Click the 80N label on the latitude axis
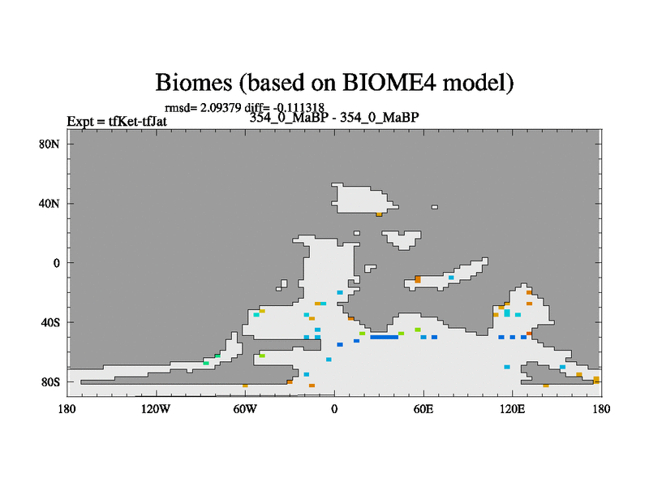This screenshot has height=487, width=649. (49, 144)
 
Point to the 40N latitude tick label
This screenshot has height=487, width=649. (49, 204)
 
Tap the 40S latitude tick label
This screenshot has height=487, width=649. (49, 322)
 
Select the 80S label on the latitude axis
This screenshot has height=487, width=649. (49, 381)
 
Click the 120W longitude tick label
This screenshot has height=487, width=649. (156, 409)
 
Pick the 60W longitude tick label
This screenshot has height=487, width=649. (245, 409)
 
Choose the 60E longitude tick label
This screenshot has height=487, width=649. (423, 409)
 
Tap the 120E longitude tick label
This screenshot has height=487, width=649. (512, 409)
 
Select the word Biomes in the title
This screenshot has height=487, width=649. (194, 82)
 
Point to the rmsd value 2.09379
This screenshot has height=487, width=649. (221, 108)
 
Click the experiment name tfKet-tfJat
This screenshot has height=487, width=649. (137, 121)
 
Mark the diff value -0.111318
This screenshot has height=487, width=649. (299, 108)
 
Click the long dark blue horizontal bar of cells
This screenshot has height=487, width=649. (384, 337)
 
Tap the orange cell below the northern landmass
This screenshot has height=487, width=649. (379, 214)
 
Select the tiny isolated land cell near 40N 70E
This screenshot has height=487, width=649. (434, 207)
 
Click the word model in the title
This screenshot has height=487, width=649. (478, 82)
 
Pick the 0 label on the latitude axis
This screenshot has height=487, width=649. (56, 263)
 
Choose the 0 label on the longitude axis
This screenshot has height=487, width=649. (334, 409)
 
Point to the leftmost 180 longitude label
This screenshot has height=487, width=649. (67, 409)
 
